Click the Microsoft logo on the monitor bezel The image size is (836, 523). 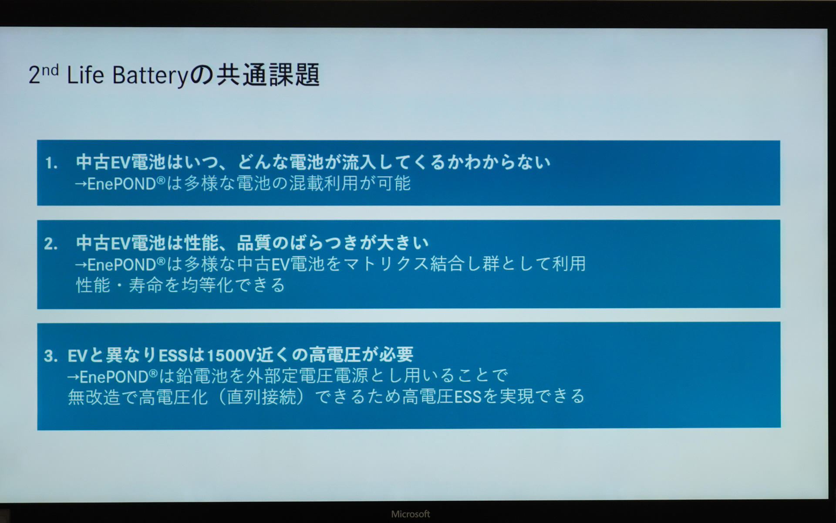click(410, 514)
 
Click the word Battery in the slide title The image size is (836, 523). click(149, 75)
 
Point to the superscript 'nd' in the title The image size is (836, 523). click(50, 70)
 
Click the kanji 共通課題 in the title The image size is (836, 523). click(268, 75)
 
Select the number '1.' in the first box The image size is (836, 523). click(51, 163)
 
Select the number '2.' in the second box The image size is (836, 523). click(51, 244)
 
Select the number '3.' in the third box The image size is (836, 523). click(51, 356)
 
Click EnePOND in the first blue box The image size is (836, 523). click(122, 183)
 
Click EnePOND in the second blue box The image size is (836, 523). click(122, 264)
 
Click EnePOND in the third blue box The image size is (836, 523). click(114, 376)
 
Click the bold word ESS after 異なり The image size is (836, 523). click(173, 356)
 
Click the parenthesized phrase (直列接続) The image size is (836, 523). click(260, 397)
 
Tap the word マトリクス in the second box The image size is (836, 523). click(385, 264)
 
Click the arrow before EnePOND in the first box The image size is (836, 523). click(81, 183)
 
